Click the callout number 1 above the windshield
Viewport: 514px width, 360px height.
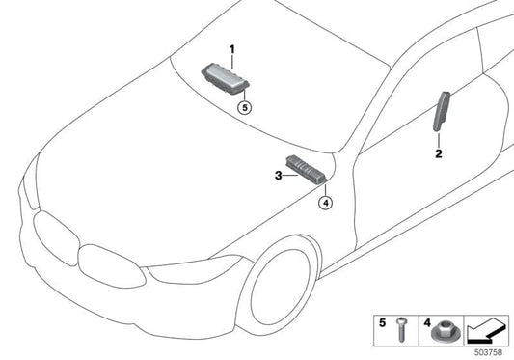[x=231, y=47]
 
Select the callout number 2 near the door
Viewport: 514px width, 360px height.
[x=438, y=153]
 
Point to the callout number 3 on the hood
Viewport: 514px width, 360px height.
[x=278, y=176]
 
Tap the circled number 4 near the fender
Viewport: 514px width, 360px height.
[x=326, y=203]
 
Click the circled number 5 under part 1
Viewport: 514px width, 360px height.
[x=245, y=109]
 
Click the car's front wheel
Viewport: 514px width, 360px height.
[x=280, y=290]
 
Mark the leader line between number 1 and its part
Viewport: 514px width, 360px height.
[x=231, y=57]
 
